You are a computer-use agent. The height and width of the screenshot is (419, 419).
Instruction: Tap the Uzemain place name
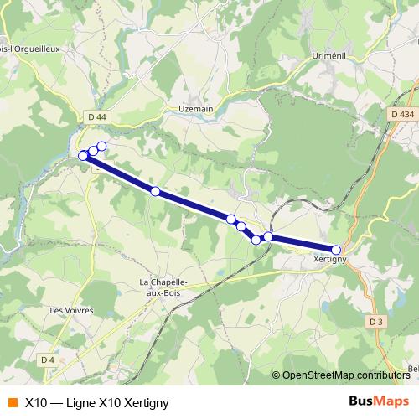[197, 108]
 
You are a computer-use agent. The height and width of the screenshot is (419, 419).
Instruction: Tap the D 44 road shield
[97, 118]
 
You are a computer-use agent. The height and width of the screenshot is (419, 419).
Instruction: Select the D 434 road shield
[402, 114]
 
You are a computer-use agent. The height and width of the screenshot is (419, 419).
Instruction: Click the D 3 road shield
[375, 321]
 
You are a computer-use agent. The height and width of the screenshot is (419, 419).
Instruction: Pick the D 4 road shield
[48, 360]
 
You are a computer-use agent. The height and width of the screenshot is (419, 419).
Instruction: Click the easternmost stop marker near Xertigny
[336, 250]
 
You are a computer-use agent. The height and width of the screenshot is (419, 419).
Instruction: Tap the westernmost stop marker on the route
[83, 156]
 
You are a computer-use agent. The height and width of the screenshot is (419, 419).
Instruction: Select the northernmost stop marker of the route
[101, 147]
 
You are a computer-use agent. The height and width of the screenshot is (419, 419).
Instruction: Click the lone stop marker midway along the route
[155, 191]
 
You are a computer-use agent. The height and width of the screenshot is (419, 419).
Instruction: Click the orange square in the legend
[13, 402]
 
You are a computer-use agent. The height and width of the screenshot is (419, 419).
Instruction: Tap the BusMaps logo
[379, 401]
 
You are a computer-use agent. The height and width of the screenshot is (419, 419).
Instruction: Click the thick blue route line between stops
[193, 205]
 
